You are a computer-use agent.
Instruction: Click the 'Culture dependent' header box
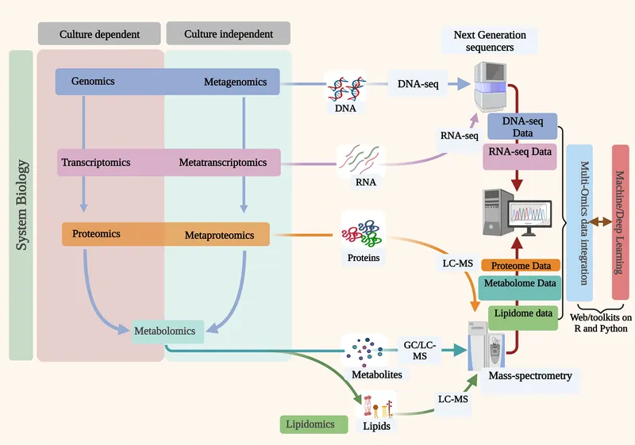pyautogui.click(x=99, y=34)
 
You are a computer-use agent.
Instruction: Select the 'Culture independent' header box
pyautogui.click(x=228, y=34)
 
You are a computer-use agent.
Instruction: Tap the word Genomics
pyautogui.click(x=93, y=82)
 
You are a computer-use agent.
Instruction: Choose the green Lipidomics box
pyautogui.click(x=314, y=424)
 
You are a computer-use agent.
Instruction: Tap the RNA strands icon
pyautogui.click(x=357, y=159)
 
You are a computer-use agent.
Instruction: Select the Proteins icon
pyautogui.click(x=363, y=232)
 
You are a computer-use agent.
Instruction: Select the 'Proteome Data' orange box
pyautogui.click(x=521, y=265)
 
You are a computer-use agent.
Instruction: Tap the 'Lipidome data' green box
pyautogui.click(x=521, y=313)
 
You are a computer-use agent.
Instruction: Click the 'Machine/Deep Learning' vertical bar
pyautogui.click(x=621, y=222)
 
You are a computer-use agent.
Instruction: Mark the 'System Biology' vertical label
pyautogui.click(x=21, y=205)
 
